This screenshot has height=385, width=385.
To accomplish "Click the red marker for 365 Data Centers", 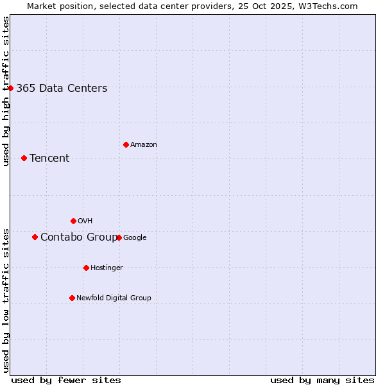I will (11, 88).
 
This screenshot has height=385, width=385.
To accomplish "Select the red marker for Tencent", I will (24, 158).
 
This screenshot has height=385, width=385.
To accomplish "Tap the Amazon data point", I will (126, 144).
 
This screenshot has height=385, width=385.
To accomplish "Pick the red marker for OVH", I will (73, 221).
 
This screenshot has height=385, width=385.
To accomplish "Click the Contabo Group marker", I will (35, 237).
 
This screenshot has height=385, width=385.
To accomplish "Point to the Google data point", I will (119, 237).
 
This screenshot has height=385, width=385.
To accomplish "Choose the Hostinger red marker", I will (86, 268).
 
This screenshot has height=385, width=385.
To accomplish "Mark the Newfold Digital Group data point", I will (72, 298).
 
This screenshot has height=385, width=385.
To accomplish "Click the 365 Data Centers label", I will (62, 89).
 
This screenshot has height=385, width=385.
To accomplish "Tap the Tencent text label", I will (49, 158).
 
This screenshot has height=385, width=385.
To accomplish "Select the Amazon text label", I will (144, 145).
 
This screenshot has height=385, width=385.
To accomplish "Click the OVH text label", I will (85, 221).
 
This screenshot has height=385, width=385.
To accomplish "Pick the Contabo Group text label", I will (79, 237).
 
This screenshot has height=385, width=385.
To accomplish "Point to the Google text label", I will (135, 238).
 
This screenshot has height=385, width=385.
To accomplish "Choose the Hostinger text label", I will (107, 268).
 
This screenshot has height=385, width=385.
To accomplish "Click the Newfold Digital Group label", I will (114, 298).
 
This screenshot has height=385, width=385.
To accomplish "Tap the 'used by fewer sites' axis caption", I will (66, 380).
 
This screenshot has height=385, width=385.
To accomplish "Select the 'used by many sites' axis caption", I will (322, 380).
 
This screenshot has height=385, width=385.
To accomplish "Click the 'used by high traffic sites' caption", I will (6, 91).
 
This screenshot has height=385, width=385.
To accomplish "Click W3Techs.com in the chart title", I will (330, 6).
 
